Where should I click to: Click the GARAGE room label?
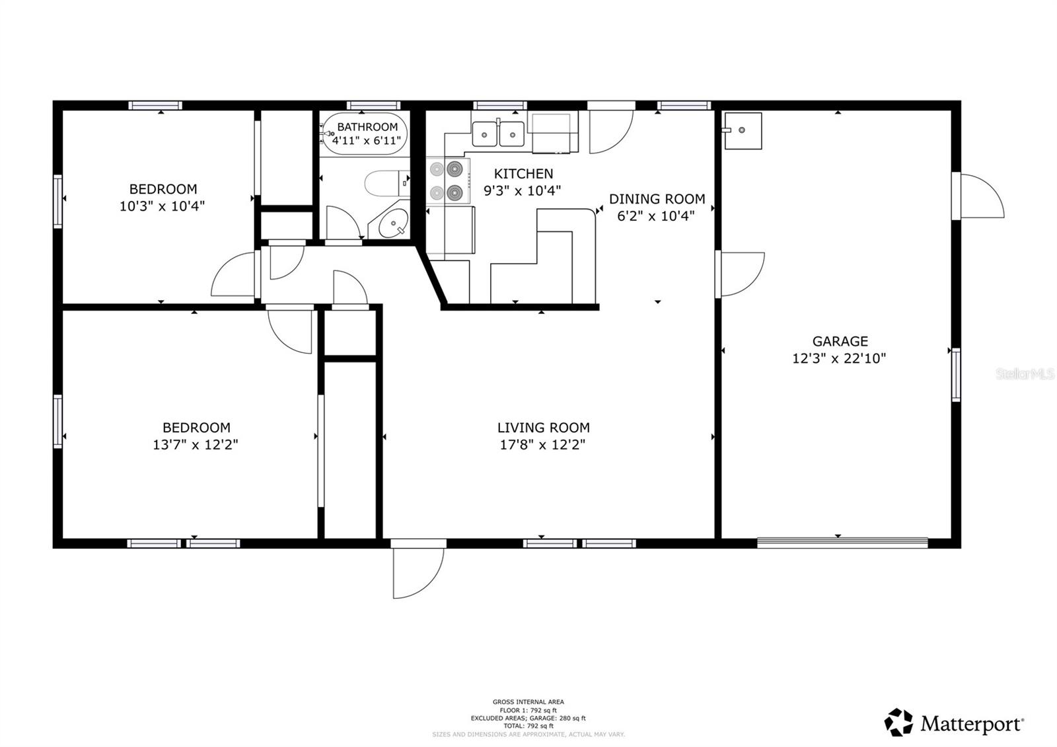840,341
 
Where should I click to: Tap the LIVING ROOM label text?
543,428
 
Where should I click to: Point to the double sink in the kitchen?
498,134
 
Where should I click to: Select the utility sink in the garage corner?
742,130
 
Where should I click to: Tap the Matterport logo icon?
898,722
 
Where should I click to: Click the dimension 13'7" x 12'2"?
196,445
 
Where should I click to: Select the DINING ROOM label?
657,199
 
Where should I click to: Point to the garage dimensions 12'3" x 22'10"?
839,359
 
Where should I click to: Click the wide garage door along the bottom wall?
842,543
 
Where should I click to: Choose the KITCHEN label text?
523,174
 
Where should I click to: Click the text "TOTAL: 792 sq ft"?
528,726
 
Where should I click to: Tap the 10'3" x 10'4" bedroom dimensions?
162,206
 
